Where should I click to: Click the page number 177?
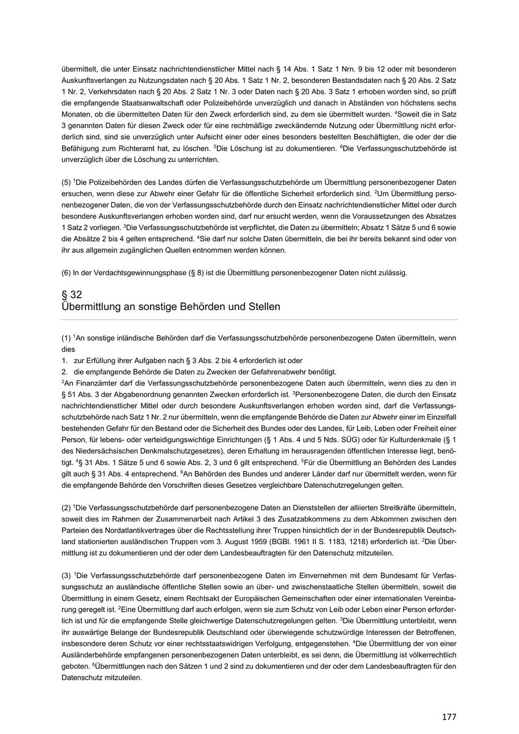pyautogui.click(x=449, y=717)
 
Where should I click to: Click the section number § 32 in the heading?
pyautogui.click(x=72, y=294)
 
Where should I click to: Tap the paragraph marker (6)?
pyautogui.click(x=66, y=273)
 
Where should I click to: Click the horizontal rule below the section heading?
pyautogui.click(x=259, y=320)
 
